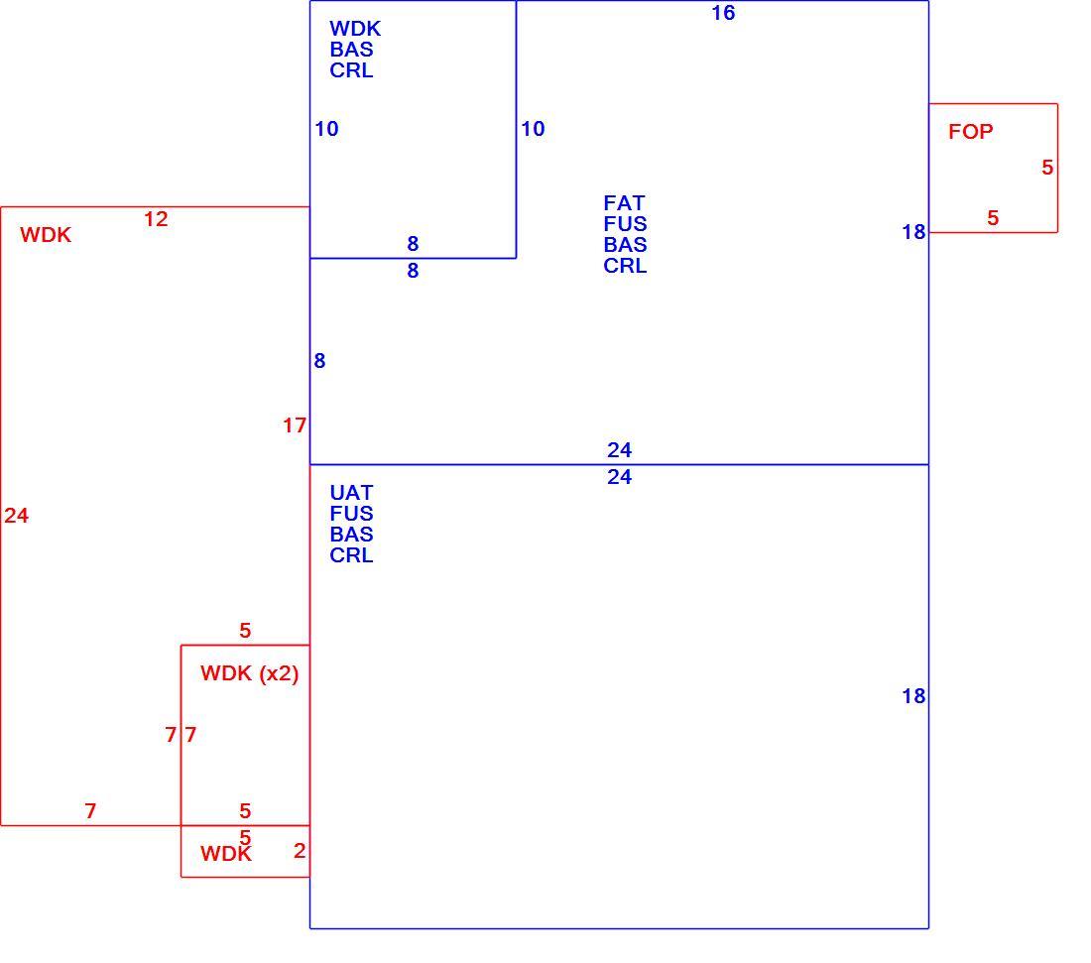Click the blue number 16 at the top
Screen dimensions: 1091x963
pos(723,13)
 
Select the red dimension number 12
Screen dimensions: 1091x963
pos(156,219)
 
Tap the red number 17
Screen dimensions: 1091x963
pos(295,425)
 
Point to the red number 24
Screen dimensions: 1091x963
pos(17,516)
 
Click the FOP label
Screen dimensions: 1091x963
pos(971,132)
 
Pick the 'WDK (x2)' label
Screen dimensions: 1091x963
pos(250,673)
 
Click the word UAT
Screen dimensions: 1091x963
pos(351,493)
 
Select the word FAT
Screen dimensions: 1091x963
pos(624,203)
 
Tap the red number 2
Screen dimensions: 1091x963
pos(300,850)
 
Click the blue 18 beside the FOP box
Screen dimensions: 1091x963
pos(913,232)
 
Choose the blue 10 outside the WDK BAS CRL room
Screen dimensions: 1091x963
pos(533,129)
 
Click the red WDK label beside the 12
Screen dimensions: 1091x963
pos(46,234)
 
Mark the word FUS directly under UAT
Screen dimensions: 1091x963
pos(351,514)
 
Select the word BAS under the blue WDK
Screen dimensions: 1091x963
pos(351,50)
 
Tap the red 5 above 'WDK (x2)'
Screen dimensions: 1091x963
pos(245,631)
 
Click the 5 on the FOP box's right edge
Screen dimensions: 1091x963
pos(1047,167)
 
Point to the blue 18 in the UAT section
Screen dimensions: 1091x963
pos(913,696)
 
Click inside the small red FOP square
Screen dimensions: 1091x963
pos(994,169)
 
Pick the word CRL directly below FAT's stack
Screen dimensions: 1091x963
pos(625,266)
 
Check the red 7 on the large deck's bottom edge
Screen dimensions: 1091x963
pos(90,810)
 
